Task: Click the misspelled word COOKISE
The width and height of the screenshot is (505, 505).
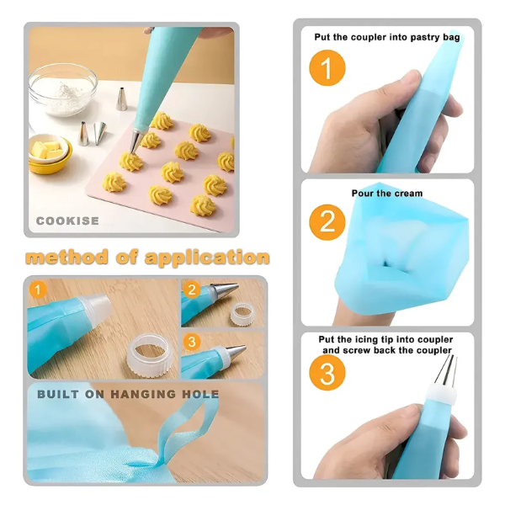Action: coord(67,221)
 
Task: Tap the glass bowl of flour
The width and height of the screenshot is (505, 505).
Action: coord(63,89)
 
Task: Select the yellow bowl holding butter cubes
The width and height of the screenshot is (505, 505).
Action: coord(50,155)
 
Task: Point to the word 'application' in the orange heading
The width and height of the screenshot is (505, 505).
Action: coord(207,258)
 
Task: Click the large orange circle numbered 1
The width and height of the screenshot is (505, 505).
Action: coord(327,68)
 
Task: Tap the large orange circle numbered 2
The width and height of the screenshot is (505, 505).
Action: coord(327,222)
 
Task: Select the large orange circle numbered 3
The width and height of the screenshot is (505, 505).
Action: coord(327,373)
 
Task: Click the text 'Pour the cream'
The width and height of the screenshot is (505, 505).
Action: coord(387,194)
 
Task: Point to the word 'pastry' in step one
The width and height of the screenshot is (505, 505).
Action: coord(425,37)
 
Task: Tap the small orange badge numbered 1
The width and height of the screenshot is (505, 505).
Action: coord(38,290)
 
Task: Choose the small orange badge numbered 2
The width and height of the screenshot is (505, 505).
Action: coord(192,290)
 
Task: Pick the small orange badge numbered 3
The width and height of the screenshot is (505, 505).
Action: coord(192,342)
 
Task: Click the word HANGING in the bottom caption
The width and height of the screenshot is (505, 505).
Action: coord(144,394)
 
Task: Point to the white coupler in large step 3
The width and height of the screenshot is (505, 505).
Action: coord(442,396)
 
